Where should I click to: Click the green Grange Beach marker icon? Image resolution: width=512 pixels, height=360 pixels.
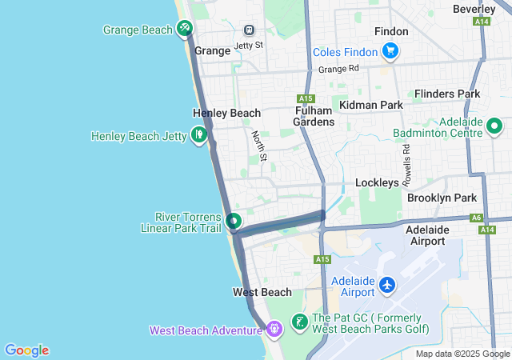pos(185,30)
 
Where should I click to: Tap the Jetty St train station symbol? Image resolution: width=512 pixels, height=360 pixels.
pos(250,30)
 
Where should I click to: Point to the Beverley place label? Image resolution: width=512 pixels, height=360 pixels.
pos(474,9)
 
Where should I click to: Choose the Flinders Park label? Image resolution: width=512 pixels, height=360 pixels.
pos(447,94)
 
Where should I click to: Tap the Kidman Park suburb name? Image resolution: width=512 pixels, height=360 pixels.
pos(370,105)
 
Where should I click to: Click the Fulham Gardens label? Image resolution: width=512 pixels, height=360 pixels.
pos(313,116)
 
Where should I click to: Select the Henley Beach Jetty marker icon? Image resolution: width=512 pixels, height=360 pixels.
pos(198,135)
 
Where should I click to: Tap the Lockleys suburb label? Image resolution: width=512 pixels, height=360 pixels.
pos(377,182)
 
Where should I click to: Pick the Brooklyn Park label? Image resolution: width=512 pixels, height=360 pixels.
pos(442,198)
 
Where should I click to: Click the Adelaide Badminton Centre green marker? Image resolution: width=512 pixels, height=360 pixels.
pos(494,126)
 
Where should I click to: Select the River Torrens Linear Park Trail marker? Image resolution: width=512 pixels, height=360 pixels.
pos(233,220)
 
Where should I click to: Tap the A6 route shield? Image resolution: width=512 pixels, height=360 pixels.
pos(477,217)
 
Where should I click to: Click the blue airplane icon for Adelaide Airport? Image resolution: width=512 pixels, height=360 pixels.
pos(388,285)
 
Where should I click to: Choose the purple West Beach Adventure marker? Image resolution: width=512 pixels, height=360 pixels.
pos(274,328)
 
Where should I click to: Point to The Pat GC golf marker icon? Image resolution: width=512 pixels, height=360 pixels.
pos(299,322)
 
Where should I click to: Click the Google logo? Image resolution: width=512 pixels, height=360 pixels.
pos(26,350)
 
